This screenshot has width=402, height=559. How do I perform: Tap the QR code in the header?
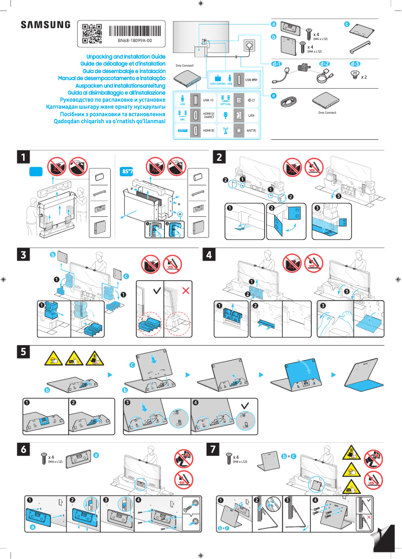pos(92,34)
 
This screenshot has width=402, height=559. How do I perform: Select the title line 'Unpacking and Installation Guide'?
pos(126,57)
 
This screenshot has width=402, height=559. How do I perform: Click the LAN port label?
pos(252,115)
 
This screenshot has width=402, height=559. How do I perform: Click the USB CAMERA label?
pos(218,84)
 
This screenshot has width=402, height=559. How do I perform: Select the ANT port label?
pos(252,131)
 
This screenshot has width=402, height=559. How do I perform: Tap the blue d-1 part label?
pos(277,64)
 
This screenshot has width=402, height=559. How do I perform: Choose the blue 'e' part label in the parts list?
pos(274,95)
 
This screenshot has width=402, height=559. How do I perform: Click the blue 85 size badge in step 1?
pos(127,171)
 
